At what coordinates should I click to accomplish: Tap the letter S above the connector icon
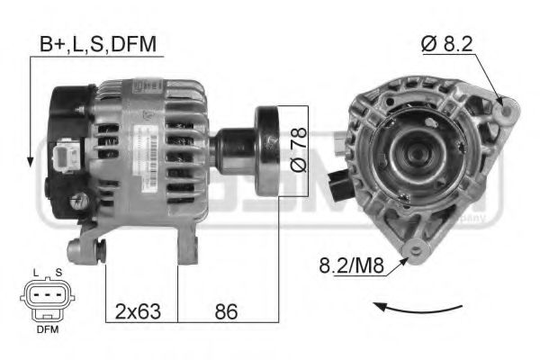(58, 272)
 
